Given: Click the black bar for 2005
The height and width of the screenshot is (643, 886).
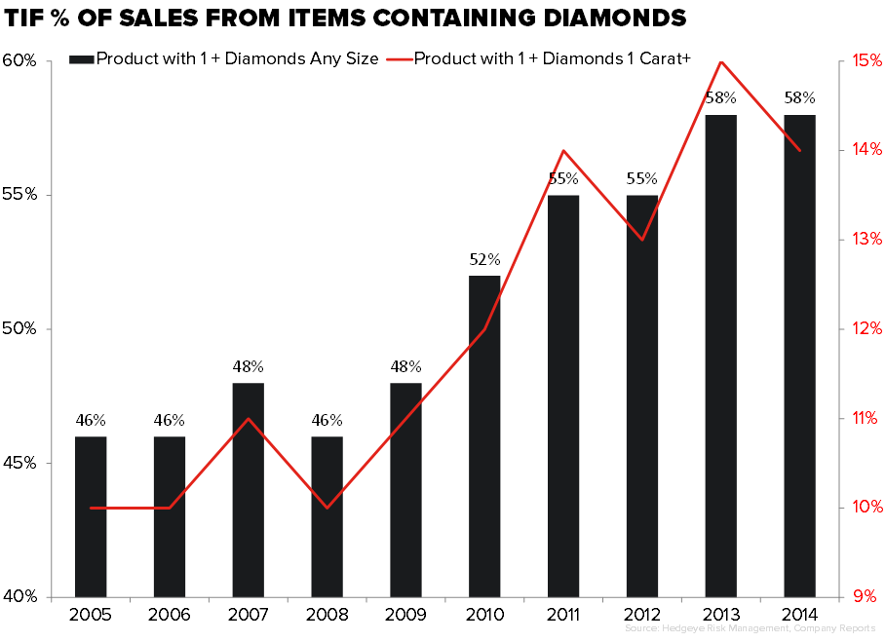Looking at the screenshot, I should click(91, 516).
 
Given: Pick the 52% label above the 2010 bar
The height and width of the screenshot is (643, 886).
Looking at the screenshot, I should click(484, 260).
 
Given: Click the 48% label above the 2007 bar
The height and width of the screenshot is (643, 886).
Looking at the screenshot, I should click(248, 367).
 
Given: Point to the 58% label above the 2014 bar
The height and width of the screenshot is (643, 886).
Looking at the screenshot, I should click(800, 98).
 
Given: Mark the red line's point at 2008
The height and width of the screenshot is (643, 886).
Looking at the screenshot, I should click(327, 508).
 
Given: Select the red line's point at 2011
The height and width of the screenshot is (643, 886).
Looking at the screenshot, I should click(563, 150).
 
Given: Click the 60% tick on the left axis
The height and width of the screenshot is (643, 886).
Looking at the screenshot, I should click(19, 60).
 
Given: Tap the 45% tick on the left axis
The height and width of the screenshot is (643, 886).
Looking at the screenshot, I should click(19, 463).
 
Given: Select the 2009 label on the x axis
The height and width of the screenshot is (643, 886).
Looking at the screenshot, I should click(405, 617).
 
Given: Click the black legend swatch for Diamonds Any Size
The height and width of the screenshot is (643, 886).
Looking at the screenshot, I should click(82, 59).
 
